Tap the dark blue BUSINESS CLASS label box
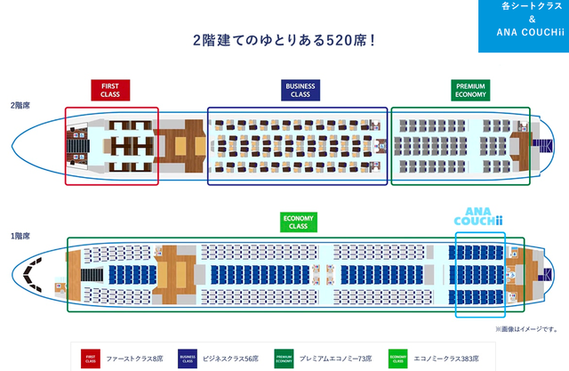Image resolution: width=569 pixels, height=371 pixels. [299, 90]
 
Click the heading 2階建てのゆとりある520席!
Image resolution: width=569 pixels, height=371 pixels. [284, 41]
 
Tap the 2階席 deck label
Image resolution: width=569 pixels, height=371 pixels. [20, 104]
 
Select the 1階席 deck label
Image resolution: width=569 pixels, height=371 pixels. [20, 237]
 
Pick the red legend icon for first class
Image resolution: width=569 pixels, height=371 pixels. [90, 359]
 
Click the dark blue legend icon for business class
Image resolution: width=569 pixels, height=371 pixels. [188, 359]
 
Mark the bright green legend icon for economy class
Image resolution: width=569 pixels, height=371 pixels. [397, 359]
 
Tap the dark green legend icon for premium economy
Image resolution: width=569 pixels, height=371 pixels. [284, 359]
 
